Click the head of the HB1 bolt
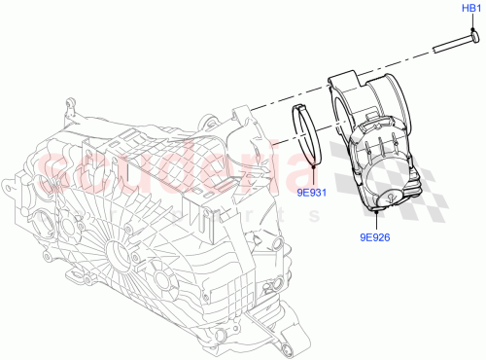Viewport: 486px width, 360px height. pos(472,36)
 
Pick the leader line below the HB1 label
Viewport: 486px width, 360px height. pos(470,22)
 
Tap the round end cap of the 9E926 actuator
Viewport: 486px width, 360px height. pos(389,198)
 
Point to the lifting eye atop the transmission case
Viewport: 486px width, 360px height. pos(69,105)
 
